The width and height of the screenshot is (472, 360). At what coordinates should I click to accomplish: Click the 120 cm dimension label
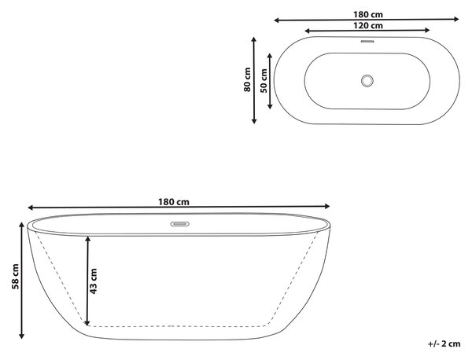pyautogui.click(x=368, y=26)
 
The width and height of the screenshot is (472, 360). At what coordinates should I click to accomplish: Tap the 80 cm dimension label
pyautogui.click(x=247, y=79)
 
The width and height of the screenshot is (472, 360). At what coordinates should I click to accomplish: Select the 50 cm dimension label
pyautogui.click(x=264, y=81)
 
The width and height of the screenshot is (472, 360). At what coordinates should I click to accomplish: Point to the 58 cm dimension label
pyautogui.click(x=15, y=277)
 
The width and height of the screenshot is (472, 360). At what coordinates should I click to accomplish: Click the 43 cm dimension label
pyautogui.click(x=94, y=281)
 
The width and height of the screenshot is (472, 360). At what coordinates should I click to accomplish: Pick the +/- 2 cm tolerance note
pyautogui.click(x=444, y=343)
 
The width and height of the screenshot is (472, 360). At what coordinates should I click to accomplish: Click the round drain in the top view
pyautogui.click(x=367, y=81)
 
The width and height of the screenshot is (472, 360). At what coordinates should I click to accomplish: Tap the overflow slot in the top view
pyautogui.click(x=367, y=41)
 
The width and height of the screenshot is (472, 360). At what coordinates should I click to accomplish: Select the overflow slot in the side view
pyautogui.click(x=180, y=224)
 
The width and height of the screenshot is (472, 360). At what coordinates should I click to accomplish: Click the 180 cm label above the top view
pyautogui.click(x=368, y=14)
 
